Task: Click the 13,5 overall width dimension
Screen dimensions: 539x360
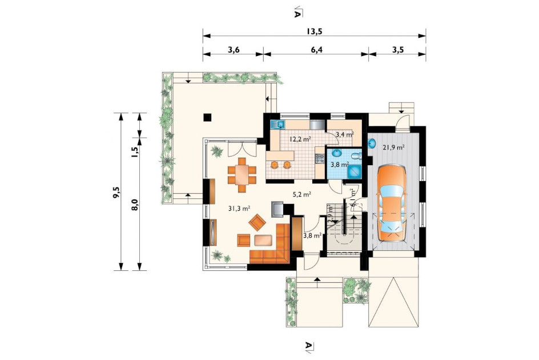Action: pos(314,31)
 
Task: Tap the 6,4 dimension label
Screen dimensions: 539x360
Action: pos(316,50)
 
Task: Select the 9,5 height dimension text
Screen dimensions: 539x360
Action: pos(117,192)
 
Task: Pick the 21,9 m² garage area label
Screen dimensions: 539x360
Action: pos(393,147)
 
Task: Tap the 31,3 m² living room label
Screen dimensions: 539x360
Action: pos(239,208)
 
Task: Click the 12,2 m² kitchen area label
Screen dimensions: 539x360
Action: pos(300,139)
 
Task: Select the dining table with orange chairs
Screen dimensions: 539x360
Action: pos(242,175)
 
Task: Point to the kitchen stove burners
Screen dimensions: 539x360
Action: pos(320,158)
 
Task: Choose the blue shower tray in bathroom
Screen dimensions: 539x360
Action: pos(354,171)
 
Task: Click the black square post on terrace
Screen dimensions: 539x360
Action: pos(207,117)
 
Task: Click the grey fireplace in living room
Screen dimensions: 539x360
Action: pos(277,210)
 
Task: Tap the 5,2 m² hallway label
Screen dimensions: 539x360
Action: pos(302,194)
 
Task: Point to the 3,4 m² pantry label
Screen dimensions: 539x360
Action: pos(345,134)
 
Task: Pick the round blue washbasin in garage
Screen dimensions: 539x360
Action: pos(372,143)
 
